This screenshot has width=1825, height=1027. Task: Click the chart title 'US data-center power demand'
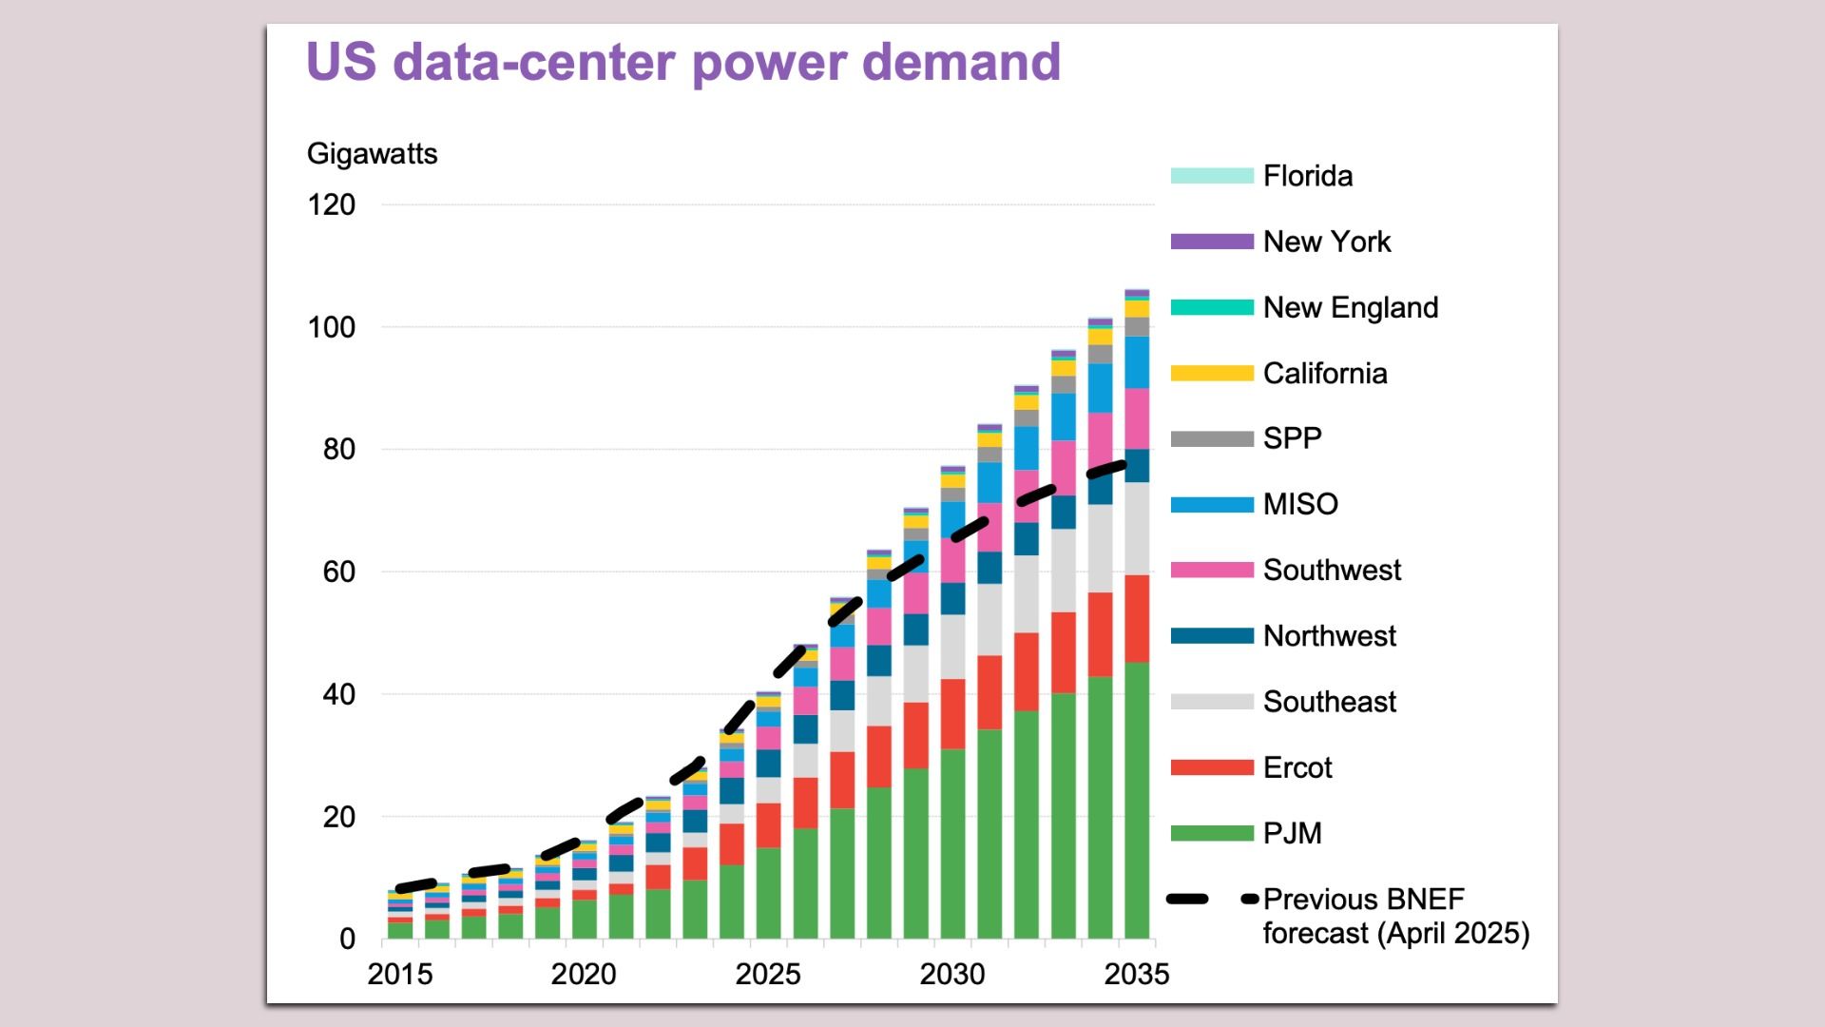click(682, 63)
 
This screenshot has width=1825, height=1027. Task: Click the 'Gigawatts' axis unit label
click(372, 154)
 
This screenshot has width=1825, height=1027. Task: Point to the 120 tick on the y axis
click(331, 205)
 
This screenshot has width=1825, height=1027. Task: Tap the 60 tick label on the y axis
click(338, 572)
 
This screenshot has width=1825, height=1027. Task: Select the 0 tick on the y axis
click(347, 940)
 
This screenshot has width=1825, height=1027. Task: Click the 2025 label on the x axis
click(768, 975)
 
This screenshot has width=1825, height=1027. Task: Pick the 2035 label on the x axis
click(1136, 975)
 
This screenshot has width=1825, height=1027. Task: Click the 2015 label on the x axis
click(400, 975)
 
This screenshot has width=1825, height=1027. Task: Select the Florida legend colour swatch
click(1212, 176)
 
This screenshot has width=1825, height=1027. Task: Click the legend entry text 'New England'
click(1350, 308)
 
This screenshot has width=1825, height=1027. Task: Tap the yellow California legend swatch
click(1212, 374)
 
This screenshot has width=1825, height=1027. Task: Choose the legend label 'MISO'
click(1299, 505)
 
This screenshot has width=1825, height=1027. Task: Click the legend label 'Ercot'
click(1297, 768)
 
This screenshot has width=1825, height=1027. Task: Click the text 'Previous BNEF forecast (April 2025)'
click(1394, 917)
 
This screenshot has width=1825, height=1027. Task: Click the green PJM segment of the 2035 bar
click(1137, 799)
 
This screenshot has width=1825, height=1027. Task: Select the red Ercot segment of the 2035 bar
click(1137, 618)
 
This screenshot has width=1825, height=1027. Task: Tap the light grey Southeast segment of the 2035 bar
click(1137, 529)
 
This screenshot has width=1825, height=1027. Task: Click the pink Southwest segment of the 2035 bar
click(1137, 418)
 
